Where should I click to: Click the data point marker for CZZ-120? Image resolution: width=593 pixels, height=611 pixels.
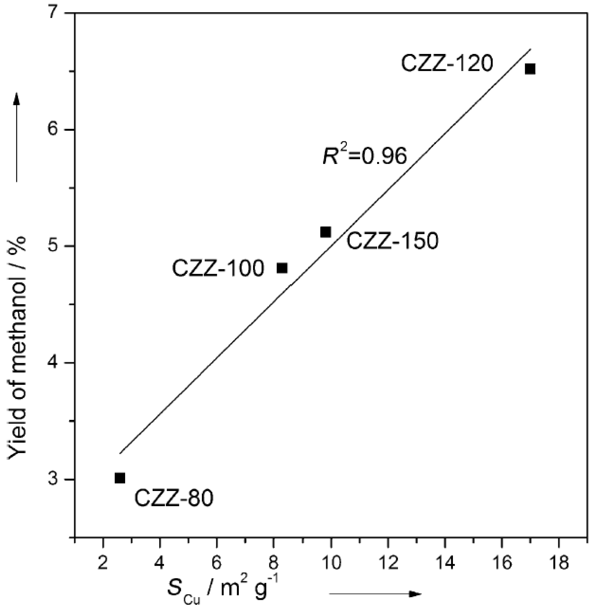[x=530, y=69]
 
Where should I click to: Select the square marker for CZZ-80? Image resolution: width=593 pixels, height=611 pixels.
[x=120, y=478]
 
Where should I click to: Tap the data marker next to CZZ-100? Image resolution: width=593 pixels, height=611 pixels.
[x=282, y=268]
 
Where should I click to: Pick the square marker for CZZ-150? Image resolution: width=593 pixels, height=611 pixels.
[x=325, y=232]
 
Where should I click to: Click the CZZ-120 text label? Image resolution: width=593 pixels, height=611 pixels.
[x=447, y=64]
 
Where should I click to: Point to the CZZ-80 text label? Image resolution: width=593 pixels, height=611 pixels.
[x=173, y=498]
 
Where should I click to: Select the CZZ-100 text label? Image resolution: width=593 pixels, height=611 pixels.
[x=218, y=269]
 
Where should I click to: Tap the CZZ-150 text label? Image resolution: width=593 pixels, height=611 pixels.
[x=393, y=241]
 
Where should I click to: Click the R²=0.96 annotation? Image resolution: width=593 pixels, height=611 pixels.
[x=365, y=156]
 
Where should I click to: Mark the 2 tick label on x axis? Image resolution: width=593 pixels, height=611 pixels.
[x=103, y=563]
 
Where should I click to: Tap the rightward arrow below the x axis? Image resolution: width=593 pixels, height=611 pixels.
[x=375, y=594]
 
